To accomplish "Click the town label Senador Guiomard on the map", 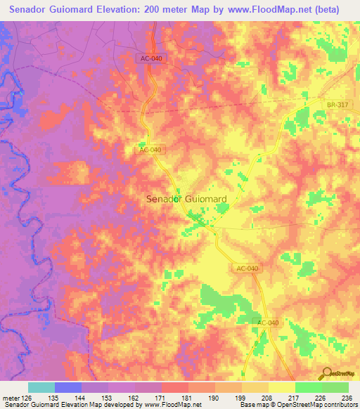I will pos(186,199).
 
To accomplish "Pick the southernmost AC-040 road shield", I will pos(268,323).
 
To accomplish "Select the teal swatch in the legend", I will pos(41,387).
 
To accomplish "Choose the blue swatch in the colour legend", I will pos(67,387).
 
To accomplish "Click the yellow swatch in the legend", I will pos(281,387).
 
